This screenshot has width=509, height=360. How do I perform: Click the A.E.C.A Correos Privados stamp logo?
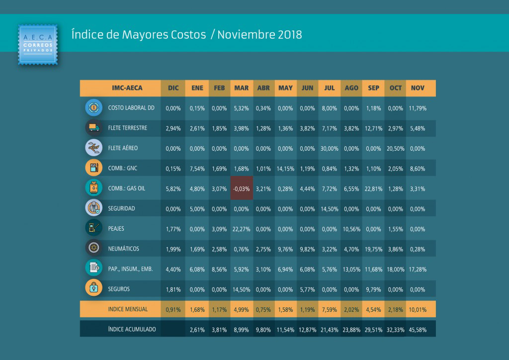[x=38, y=44]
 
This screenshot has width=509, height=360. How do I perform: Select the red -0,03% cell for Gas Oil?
[x=242, y=188]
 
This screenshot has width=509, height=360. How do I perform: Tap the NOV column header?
[x=418, y=88]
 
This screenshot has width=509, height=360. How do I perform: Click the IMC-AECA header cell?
[x=127, y=88]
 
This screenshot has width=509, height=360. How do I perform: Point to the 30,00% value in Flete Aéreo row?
[x=329, y=149]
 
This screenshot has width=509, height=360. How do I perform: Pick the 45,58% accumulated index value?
[x=418, y=330]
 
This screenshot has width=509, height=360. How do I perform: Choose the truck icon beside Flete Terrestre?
[x=94, y=128]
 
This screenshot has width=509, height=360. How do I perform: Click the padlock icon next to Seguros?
[x=94, y=288]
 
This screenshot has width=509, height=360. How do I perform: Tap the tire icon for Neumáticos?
[x=94, y=248]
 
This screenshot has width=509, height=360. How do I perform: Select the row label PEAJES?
[x=116, y=229]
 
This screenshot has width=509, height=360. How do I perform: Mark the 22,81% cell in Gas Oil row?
[x=373, y=188]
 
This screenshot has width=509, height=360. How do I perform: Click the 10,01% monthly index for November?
[x=418, y=310]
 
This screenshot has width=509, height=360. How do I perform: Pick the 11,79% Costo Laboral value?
[x=418, y=108]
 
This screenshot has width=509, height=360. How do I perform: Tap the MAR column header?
[x=242, y=88]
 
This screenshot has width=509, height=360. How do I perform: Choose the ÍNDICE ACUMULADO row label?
[x=132, y=329]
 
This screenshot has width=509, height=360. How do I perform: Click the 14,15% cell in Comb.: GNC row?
[x=285, y=169]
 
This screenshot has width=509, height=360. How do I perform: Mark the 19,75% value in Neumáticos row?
[x=373, y=249]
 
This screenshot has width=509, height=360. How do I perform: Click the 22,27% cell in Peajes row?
[x=241, y=229]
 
